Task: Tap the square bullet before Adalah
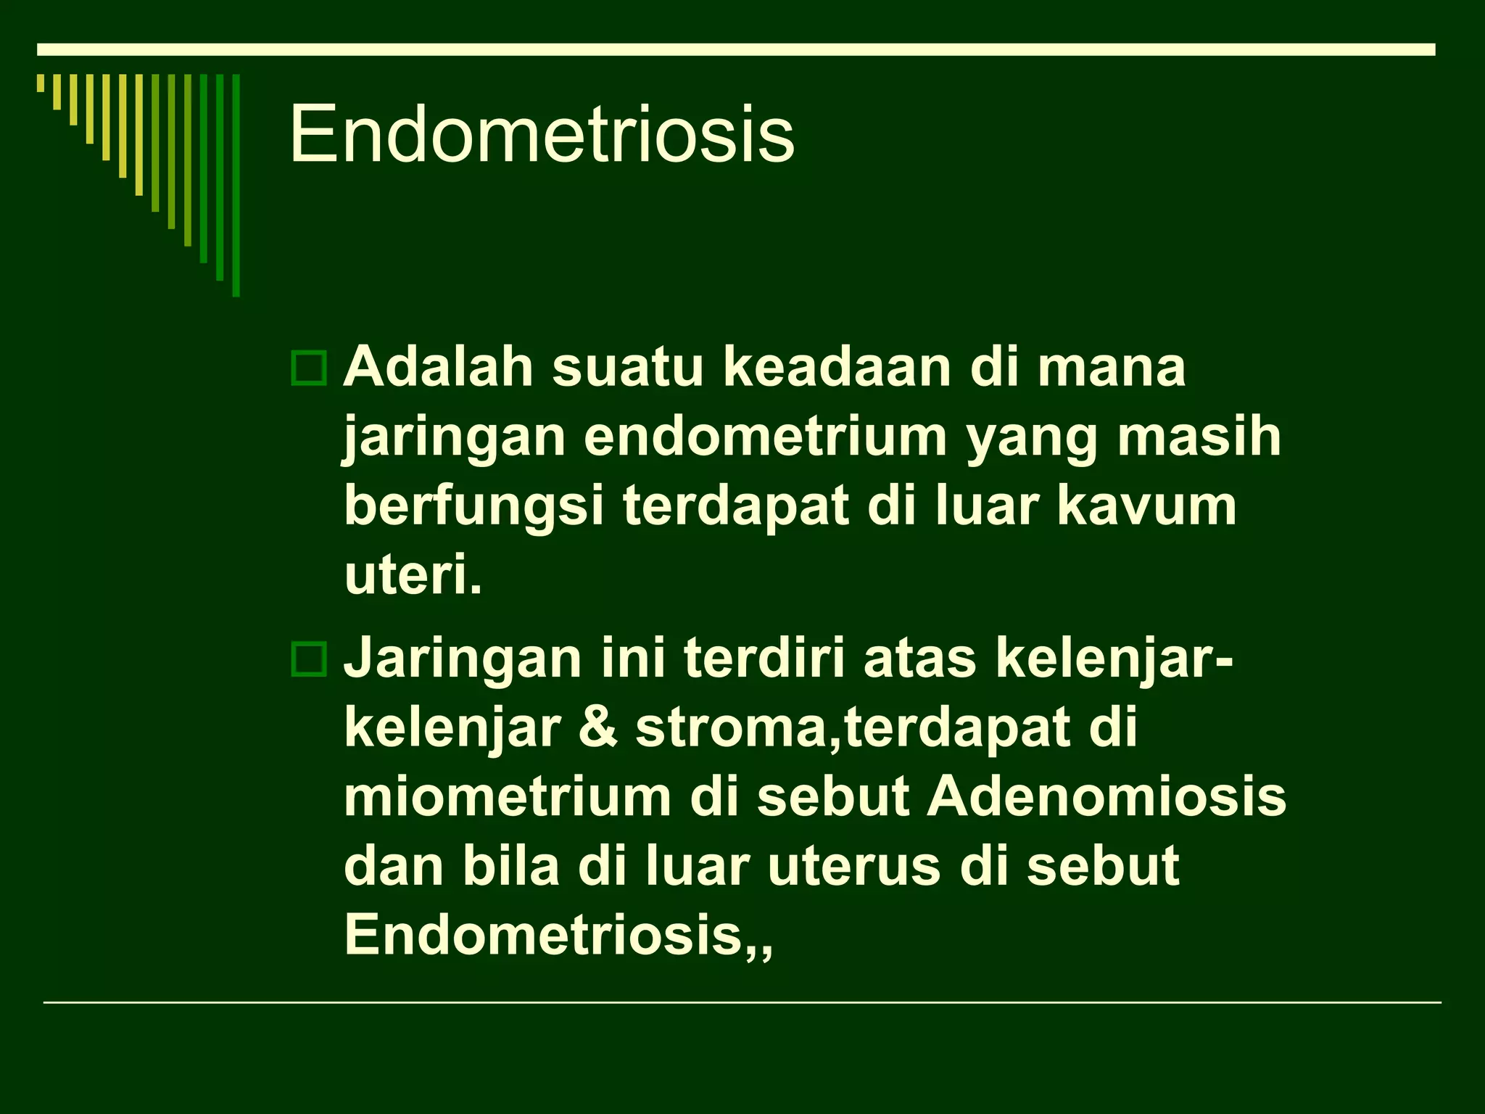309,368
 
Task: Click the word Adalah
439,367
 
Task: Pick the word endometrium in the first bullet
766,437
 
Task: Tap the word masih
1199,437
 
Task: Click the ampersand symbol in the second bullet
599,728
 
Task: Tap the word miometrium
507,797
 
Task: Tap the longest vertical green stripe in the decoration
236,186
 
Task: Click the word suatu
627,367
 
